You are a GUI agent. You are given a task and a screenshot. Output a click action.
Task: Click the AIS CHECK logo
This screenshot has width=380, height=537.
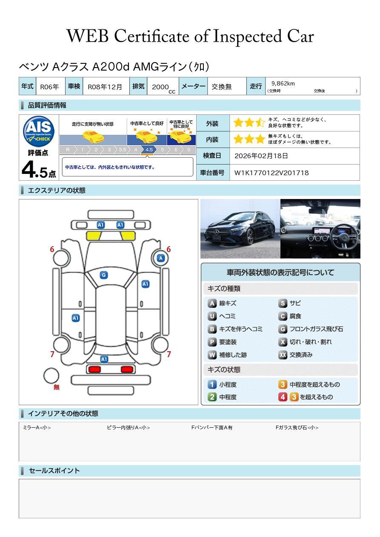(x=39, y=131)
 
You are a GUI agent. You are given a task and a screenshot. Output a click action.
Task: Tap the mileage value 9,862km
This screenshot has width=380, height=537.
(x=283, y=83)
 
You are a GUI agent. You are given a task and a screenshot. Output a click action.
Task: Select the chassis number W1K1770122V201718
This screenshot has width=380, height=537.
(x=271, y=173)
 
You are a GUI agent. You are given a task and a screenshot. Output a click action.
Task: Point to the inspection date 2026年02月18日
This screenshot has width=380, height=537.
(x=261, y=156)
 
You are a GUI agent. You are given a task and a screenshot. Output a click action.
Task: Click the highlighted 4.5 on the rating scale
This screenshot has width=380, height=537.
(x=149, y=150)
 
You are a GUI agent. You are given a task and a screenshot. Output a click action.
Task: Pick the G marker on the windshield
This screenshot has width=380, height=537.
(x=104, y=275)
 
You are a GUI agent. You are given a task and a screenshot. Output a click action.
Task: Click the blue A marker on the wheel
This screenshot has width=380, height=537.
(x=161, y=258)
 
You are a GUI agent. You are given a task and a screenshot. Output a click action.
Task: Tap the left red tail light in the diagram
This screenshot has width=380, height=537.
(x=94, y=369)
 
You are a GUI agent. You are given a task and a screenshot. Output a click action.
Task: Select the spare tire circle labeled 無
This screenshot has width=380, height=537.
(x=51, y=376)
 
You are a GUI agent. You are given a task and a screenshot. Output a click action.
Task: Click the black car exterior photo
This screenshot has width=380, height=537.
(x=240, y=229)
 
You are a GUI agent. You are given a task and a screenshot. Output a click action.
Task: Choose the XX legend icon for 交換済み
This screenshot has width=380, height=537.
(x=283, y=355)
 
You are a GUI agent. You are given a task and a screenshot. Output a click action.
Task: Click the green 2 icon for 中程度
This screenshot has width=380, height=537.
(x=212, y=397)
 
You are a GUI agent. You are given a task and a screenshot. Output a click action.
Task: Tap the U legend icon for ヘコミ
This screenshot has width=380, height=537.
(x=212, y=316)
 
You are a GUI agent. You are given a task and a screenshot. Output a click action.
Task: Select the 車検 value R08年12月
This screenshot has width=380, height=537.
(x=105, y=87)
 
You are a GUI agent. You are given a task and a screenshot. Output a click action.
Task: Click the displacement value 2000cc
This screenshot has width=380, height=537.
(x=163, y=88)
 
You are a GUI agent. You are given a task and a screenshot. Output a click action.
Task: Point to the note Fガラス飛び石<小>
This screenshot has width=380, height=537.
(x=297, y=427)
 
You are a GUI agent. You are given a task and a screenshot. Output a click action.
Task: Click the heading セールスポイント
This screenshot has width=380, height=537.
(x=54, y=471)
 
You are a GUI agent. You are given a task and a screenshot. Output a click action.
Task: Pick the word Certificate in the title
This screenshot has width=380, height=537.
(x=151, y=36)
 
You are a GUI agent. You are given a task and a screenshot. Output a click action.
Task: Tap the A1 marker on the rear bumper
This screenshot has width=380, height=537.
(x=104, y=359)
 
